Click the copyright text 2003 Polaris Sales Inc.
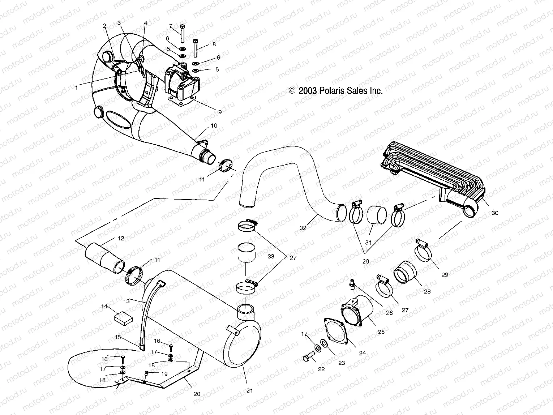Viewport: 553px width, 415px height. click(336, 91)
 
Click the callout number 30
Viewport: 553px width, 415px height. click(494, 213)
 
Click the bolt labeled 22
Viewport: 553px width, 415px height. click(308, 358)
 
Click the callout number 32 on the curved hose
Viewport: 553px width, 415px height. click(303, 228)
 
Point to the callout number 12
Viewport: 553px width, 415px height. click(121, 238)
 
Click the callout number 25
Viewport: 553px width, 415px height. click(381, 332)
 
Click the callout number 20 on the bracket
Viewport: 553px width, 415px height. click(197, 394)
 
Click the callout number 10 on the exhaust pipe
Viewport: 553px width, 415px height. click(214, 125)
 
